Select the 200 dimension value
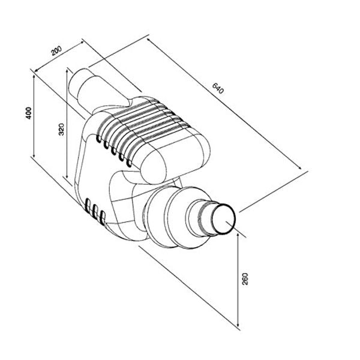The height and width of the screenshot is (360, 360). coord(57,52)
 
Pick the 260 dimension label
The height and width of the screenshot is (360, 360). coord(245,280)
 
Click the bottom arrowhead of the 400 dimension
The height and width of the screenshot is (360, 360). coord(34,157)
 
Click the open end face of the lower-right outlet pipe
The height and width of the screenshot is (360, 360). coord(225,220)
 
